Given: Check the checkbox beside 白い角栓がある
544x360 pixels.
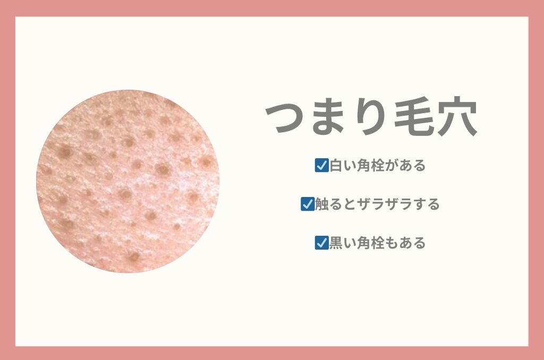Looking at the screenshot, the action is pyautogui.click(x=321, y=166).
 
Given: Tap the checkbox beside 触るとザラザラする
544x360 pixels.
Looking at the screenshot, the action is pyautogui.click(x=308, y=204).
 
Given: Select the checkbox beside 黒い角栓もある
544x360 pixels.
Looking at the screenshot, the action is pyautogui.click(x=321, y=243).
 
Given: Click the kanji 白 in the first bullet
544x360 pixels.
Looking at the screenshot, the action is pyautogui.click(x=336, y=166).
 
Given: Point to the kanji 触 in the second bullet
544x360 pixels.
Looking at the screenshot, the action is pyautogui.click(x=321, y=204).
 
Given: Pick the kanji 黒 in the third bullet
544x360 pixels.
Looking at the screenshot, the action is pyautogui.click(x=336, y=243).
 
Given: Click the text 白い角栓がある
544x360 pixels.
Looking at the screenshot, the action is pyautogui.click(x=378, y=166).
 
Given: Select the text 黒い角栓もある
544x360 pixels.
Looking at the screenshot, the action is pyautogui.click(x=378, y=243).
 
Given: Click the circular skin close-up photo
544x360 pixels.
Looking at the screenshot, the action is pyautogui.click(x=127, y=181).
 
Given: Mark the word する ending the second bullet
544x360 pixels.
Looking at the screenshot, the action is pyautogui.click(x=426, y=204).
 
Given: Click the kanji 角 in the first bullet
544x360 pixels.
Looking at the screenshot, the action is pyautogui.click(x=363, y=166).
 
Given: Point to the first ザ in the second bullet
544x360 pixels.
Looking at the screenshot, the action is pyautogui.click(x=363, y=204).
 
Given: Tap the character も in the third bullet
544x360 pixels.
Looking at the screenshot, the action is pyautogui.click(x=391, y=243).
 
